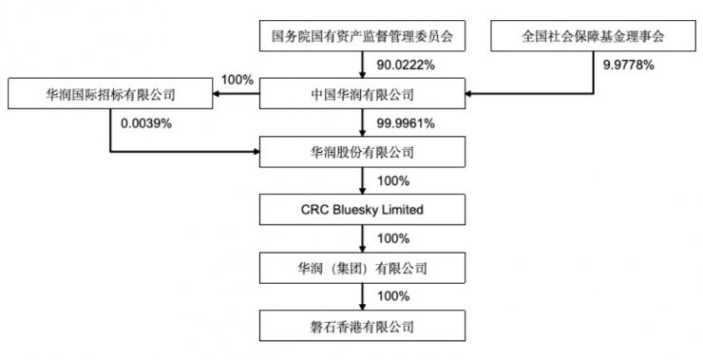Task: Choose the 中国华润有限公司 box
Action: pyautogui.click(x=363, y=93)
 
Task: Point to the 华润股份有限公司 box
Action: pyautogui.click(x=363, y=150)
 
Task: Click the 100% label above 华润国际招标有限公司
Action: pyautogui.click(x=237, y=80)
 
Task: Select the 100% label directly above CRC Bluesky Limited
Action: pyautogui.click(x=392, y=180)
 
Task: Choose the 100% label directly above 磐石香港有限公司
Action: pyautogui.click(x=392, y=295)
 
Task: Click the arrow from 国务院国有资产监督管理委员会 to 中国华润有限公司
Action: pyautogui.click(x=363, y=65)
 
